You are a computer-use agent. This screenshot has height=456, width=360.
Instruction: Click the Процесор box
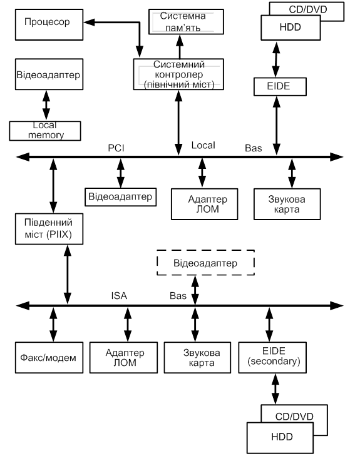click(x=49, y=25)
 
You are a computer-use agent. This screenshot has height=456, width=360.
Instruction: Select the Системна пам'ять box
click(x=186, y=22)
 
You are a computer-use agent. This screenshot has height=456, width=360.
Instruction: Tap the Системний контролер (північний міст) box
click(x=178, y=74)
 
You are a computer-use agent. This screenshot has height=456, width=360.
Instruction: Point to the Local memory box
click(x=45, y=131)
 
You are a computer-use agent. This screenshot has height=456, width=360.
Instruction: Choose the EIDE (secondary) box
click(x=272, y=357)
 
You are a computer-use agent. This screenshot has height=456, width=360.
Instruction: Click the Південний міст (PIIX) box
click(x=49, y=229)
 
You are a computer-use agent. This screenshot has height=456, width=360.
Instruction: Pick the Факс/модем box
click(x=49, y=357)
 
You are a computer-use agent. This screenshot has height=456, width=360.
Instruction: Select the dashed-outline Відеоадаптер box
click(x=205, y=262)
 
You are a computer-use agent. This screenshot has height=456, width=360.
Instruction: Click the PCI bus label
click(x=116, y=148)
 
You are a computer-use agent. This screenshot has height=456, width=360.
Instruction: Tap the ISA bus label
click(x=119, y=296)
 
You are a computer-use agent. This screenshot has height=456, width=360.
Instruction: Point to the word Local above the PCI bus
click(x=203, y=145)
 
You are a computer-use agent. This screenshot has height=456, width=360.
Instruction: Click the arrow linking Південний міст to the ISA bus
click(x=68, y=275)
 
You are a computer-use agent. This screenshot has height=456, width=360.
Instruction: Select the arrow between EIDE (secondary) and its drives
click(x=275, y=389)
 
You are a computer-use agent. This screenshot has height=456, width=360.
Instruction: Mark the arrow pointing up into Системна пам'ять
click(x=180, y=46)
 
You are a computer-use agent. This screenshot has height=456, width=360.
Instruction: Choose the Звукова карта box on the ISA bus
click(x=197, y=357)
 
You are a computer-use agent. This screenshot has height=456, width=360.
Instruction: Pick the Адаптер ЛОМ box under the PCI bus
click(x=204, y=204)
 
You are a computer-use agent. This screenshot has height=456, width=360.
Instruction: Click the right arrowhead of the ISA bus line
click(x=337, y=306)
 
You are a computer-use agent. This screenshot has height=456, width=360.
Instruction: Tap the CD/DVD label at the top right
click(x=308, y=9)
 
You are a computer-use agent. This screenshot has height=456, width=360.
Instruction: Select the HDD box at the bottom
click(x=280, y=437)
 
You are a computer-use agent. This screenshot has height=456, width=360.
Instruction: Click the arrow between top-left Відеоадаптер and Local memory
click(x=46, y=105)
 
